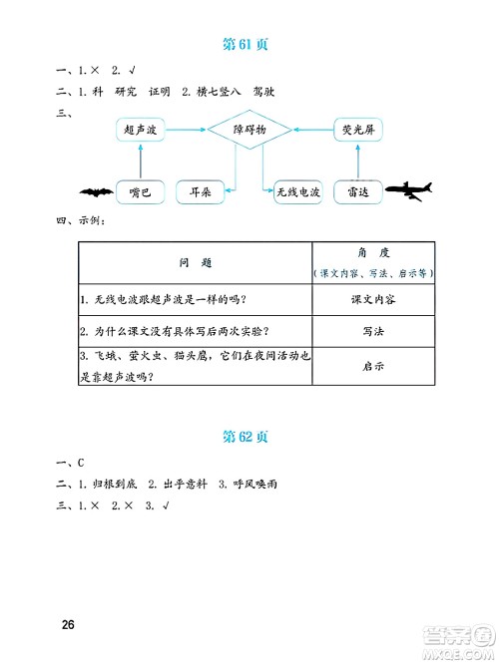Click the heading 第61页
[249, 45]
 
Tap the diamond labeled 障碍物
[249, 130]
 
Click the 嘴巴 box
[140, 192]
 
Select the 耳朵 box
[200, 192]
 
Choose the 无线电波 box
[298, 192]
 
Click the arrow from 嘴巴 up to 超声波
[140, 162]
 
